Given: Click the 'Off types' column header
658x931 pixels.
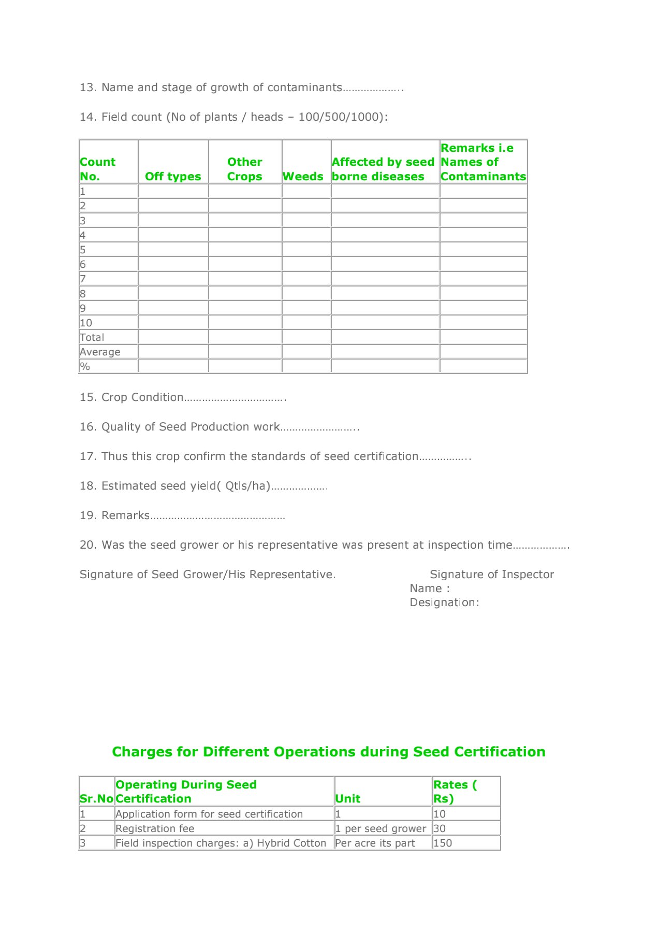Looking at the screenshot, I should point(173,176).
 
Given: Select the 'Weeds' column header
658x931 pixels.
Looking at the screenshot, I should point(303,176).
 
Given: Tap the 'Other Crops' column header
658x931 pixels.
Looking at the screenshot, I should point(244,169).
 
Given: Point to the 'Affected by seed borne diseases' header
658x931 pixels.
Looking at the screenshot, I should point(383,169).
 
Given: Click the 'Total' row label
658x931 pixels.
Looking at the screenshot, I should point(92,337).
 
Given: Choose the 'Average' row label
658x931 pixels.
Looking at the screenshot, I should point(100,352).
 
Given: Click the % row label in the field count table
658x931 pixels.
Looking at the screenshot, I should point(85,366).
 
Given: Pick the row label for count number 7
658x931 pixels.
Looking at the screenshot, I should point(83,279).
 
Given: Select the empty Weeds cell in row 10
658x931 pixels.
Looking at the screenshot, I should point(306,322).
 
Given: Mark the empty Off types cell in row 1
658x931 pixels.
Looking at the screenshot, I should point(173,191).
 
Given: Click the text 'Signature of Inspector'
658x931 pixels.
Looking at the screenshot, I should point(492,574).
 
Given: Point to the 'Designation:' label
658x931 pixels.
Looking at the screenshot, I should point(444,603).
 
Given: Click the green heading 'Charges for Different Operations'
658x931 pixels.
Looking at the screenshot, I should point(329,752).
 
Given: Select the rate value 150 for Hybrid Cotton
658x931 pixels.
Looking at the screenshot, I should point(443,843).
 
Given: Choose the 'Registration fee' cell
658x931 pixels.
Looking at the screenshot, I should point(155,828).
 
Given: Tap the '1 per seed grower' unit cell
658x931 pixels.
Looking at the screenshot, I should point(381,828).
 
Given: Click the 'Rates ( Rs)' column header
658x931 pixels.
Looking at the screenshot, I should point(455,792).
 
